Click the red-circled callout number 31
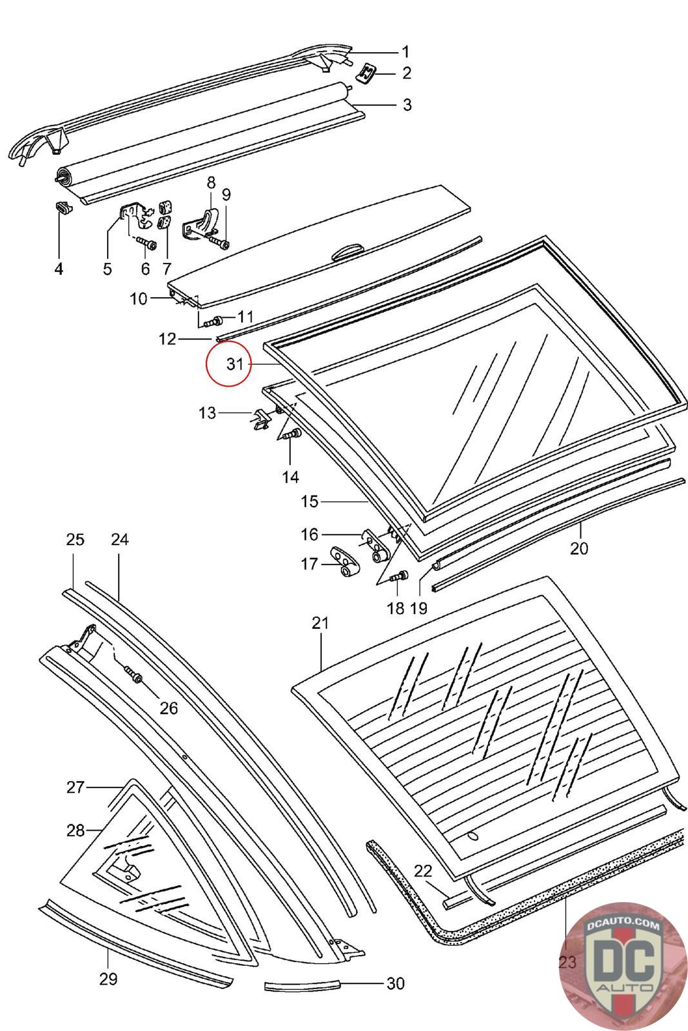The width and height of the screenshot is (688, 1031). tap(235, 364)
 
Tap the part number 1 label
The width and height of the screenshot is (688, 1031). tap(406, 52)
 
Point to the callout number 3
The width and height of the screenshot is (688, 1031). tap(407, 104)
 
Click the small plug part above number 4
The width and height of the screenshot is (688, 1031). tap(62, 207)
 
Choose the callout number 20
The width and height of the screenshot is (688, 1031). tap(579, 548)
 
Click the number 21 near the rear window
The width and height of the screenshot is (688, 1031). tap(320, 623)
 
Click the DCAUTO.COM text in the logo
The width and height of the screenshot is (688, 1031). tap(624, 925)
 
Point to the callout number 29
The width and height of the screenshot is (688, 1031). tap(108, 979)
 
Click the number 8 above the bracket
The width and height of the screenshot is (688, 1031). tap(211, 182)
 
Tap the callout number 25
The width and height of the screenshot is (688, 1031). tap(75, 539)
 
